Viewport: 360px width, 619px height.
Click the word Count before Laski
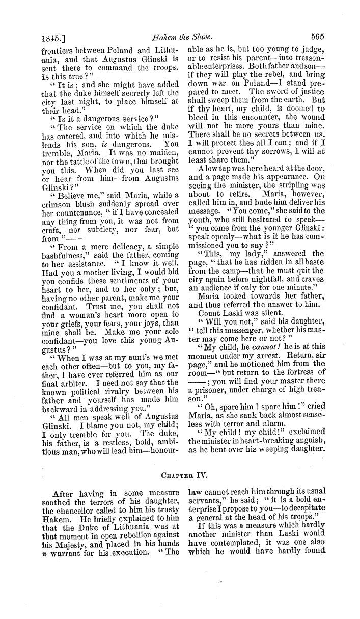pos(211,313)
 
